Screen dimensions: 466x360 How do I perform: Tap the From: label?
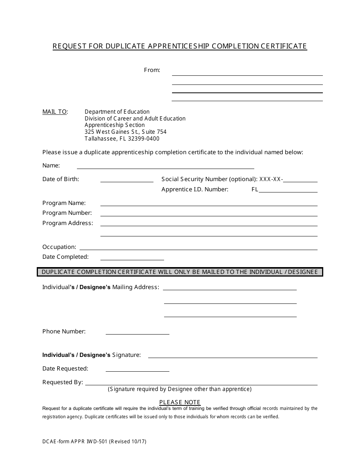pos(152,70)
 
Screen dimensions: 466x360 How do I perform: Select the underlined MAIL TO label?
pos(55,112)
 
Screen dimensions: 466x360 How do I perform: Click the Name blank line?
pos(165,167)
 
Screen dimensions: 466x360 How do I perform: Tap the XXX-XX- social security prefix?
pos(271,179)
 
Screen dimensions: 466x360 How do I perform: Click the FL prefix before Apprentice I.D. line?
pos(255,189)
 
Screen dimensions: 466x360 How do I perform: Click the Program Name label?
pos(64,203)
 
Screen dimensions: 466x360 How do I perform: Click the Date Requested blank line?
pos(137,370)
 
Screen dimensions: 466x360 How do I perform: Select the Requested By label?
pos(63,382)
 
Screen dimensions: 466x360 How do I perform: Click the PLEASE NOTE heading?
pos(180,402)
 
